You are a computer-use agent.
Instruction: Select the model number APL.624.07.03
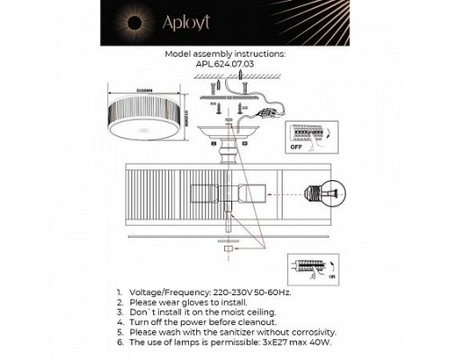point(225,64)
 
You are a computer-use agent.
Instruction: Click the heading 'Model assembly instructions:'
point(225,54)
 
